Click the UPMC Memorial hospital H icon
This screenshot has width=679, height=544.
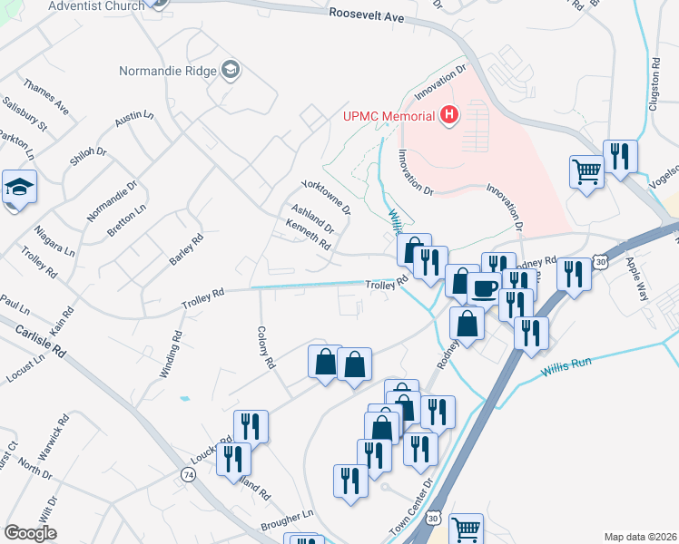pos(448,115)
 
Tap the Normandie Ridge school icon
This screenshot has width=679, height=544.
pos(231,71)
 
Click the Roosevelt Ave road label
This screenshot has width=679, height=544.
pos(367,16)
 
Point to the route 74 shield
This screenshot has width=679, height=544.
pos(188,474)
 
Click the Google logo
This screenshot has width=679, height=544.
pos(31,533)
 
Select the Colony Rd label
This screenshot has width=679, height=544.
pos(265,348)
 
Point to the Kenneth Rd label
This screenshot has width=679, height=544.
pos(308,235)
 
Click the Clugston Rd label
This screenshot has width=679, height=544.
pos(654,85)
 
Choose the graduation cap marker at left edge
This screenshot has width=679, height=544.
pos(19,186)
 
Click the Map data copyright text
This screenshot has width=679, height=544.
pos(639,537)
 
